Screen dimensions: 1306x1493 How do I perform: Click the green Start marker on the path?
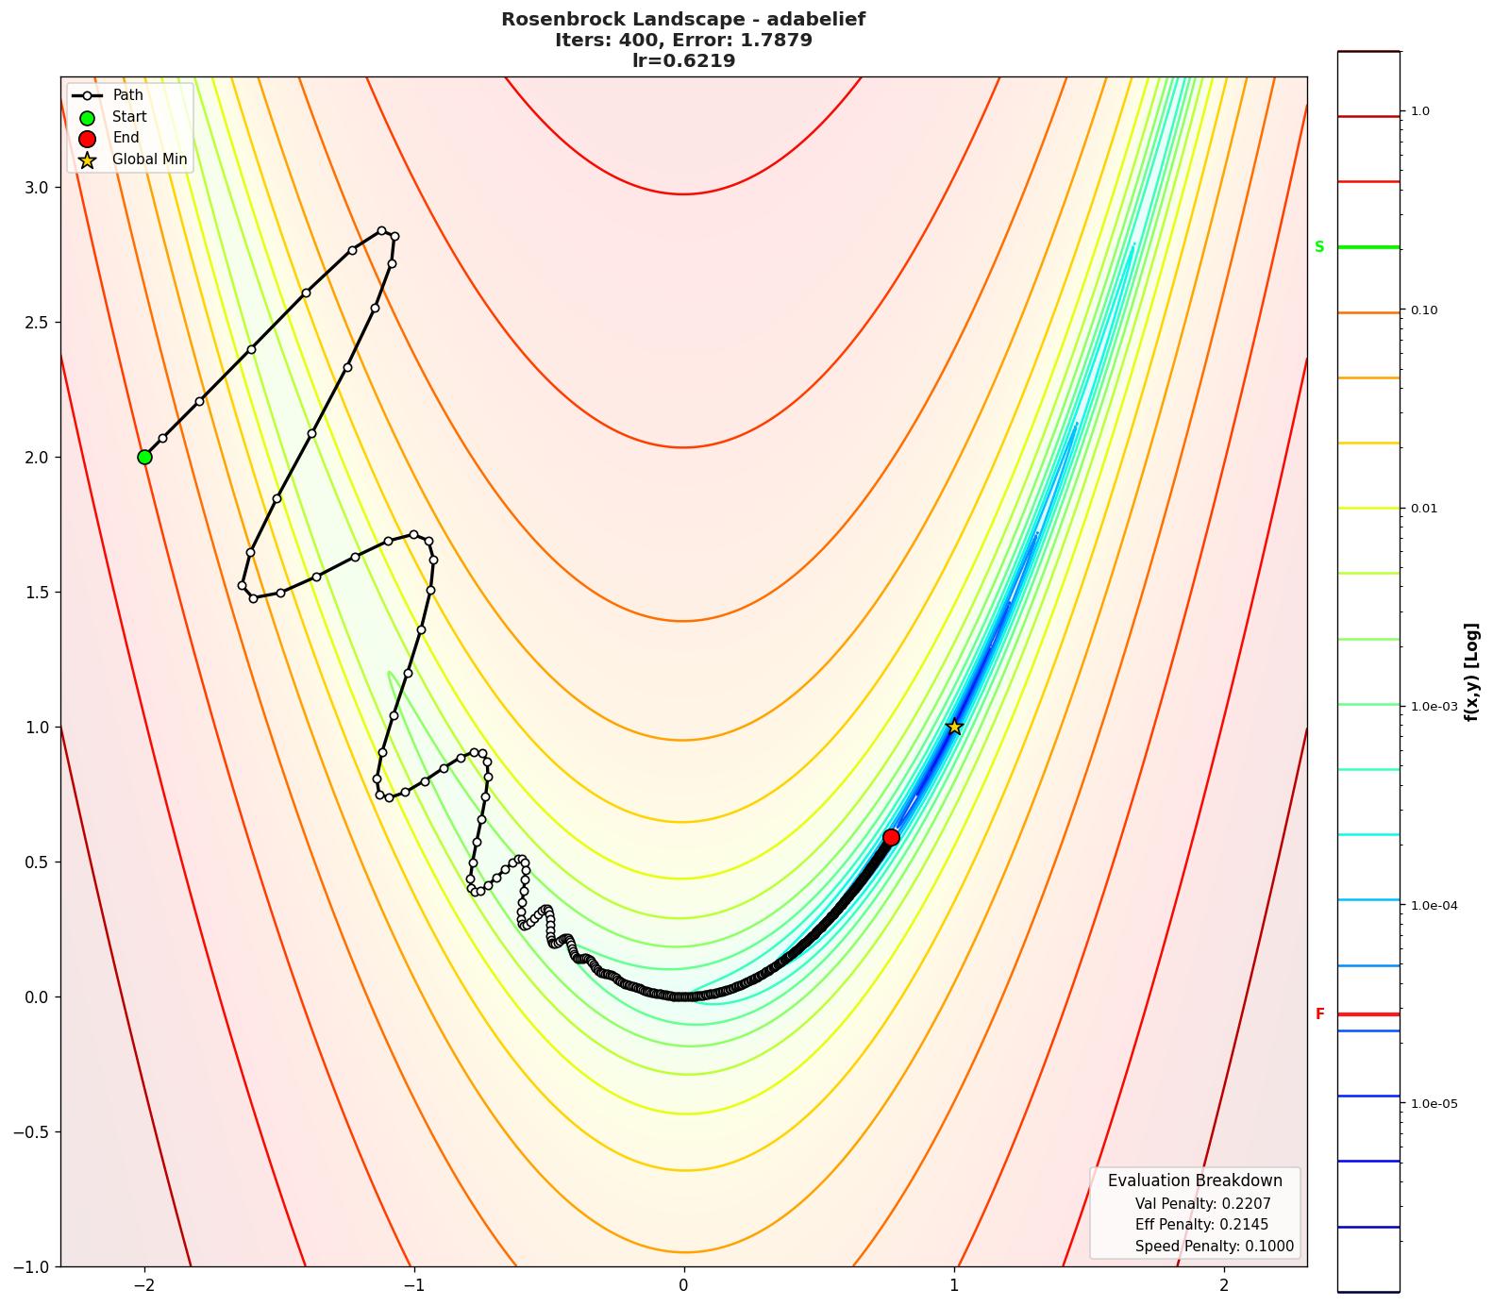[144, 457]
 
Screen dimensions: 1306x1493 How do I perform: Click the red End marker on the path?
[891, 837]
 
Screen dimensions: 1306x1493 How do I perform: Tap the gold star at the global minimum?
[954, 727]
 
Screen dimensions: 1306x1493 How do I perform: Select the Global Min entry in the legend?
[149, 159]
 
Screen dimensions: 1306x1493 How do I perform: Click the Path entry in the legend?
[127, 95]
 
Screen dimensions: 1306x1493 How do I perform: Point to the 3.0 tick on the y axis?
[36, 187]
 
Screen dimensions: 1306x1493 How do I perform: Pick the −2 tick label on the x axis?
[144, 1284]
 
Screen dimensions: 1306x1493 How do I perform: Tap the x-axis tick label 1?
[954, 1284]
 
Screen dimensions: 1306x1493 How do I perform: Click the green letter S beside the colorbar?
[1319, 247]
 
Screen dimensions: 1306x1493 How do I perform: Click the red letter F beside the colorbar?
[1320, 1014]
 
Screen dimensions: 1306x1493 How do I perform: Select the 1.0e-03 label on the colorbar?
[1434, 707]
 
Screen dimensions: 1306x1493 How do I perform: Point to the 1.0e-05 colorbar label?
[1434, 1103]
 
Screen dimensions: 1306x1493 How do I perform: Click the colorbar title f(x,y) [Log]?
[1471, 672]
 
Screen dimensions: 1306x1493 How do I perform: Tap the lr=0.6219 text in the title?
[683, 60]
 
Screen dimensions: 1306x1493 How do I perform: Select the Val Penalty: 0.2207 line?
[1202, 1204]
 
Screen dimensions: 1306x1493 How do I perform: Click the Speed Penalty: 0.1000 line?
[1214, 1247]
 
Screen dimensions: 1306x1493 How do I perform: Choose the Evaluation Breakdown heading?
[1195, 1180]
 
